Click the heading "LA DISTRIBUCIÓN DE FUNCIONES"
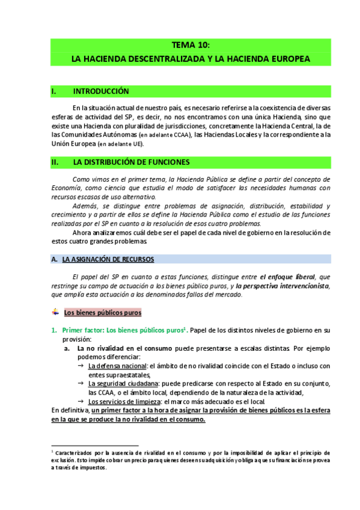point(131,162)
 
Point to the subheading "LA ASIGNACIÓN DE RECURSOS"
point(108,259)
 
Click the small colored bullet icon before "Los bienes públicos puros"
point(55,313)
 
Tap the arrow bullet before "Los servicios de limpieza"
point(81,401)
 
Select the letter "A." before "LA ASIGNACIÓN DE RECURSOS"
point(54,259)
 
